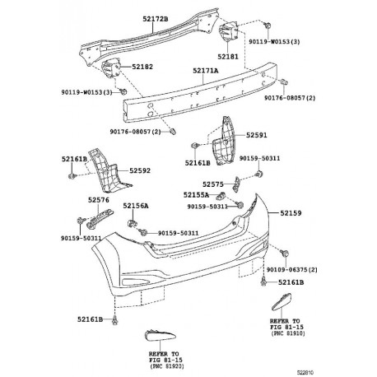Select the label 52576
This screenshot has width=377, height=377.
99,199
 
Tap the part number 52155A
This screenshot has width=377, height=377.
196,195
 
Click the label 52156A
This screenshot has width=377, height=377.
136,207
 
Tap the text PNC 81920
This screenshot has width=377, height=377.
164,367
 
